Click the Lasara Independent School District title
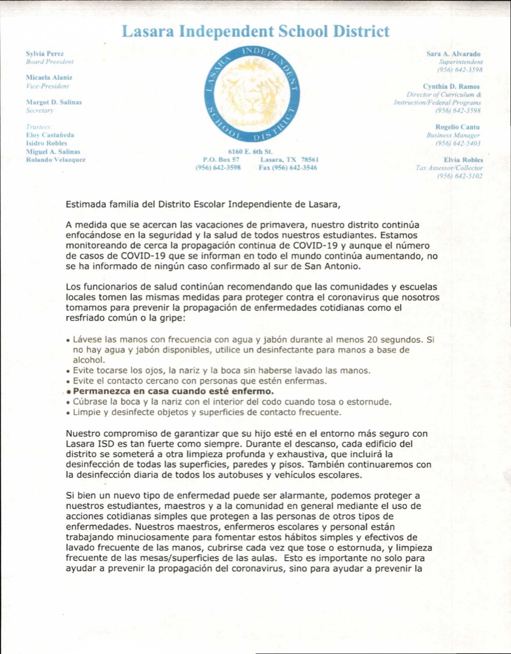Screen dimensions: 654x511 [255, 31]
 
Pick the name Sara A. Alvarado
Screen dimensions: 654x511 [454, 54]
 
